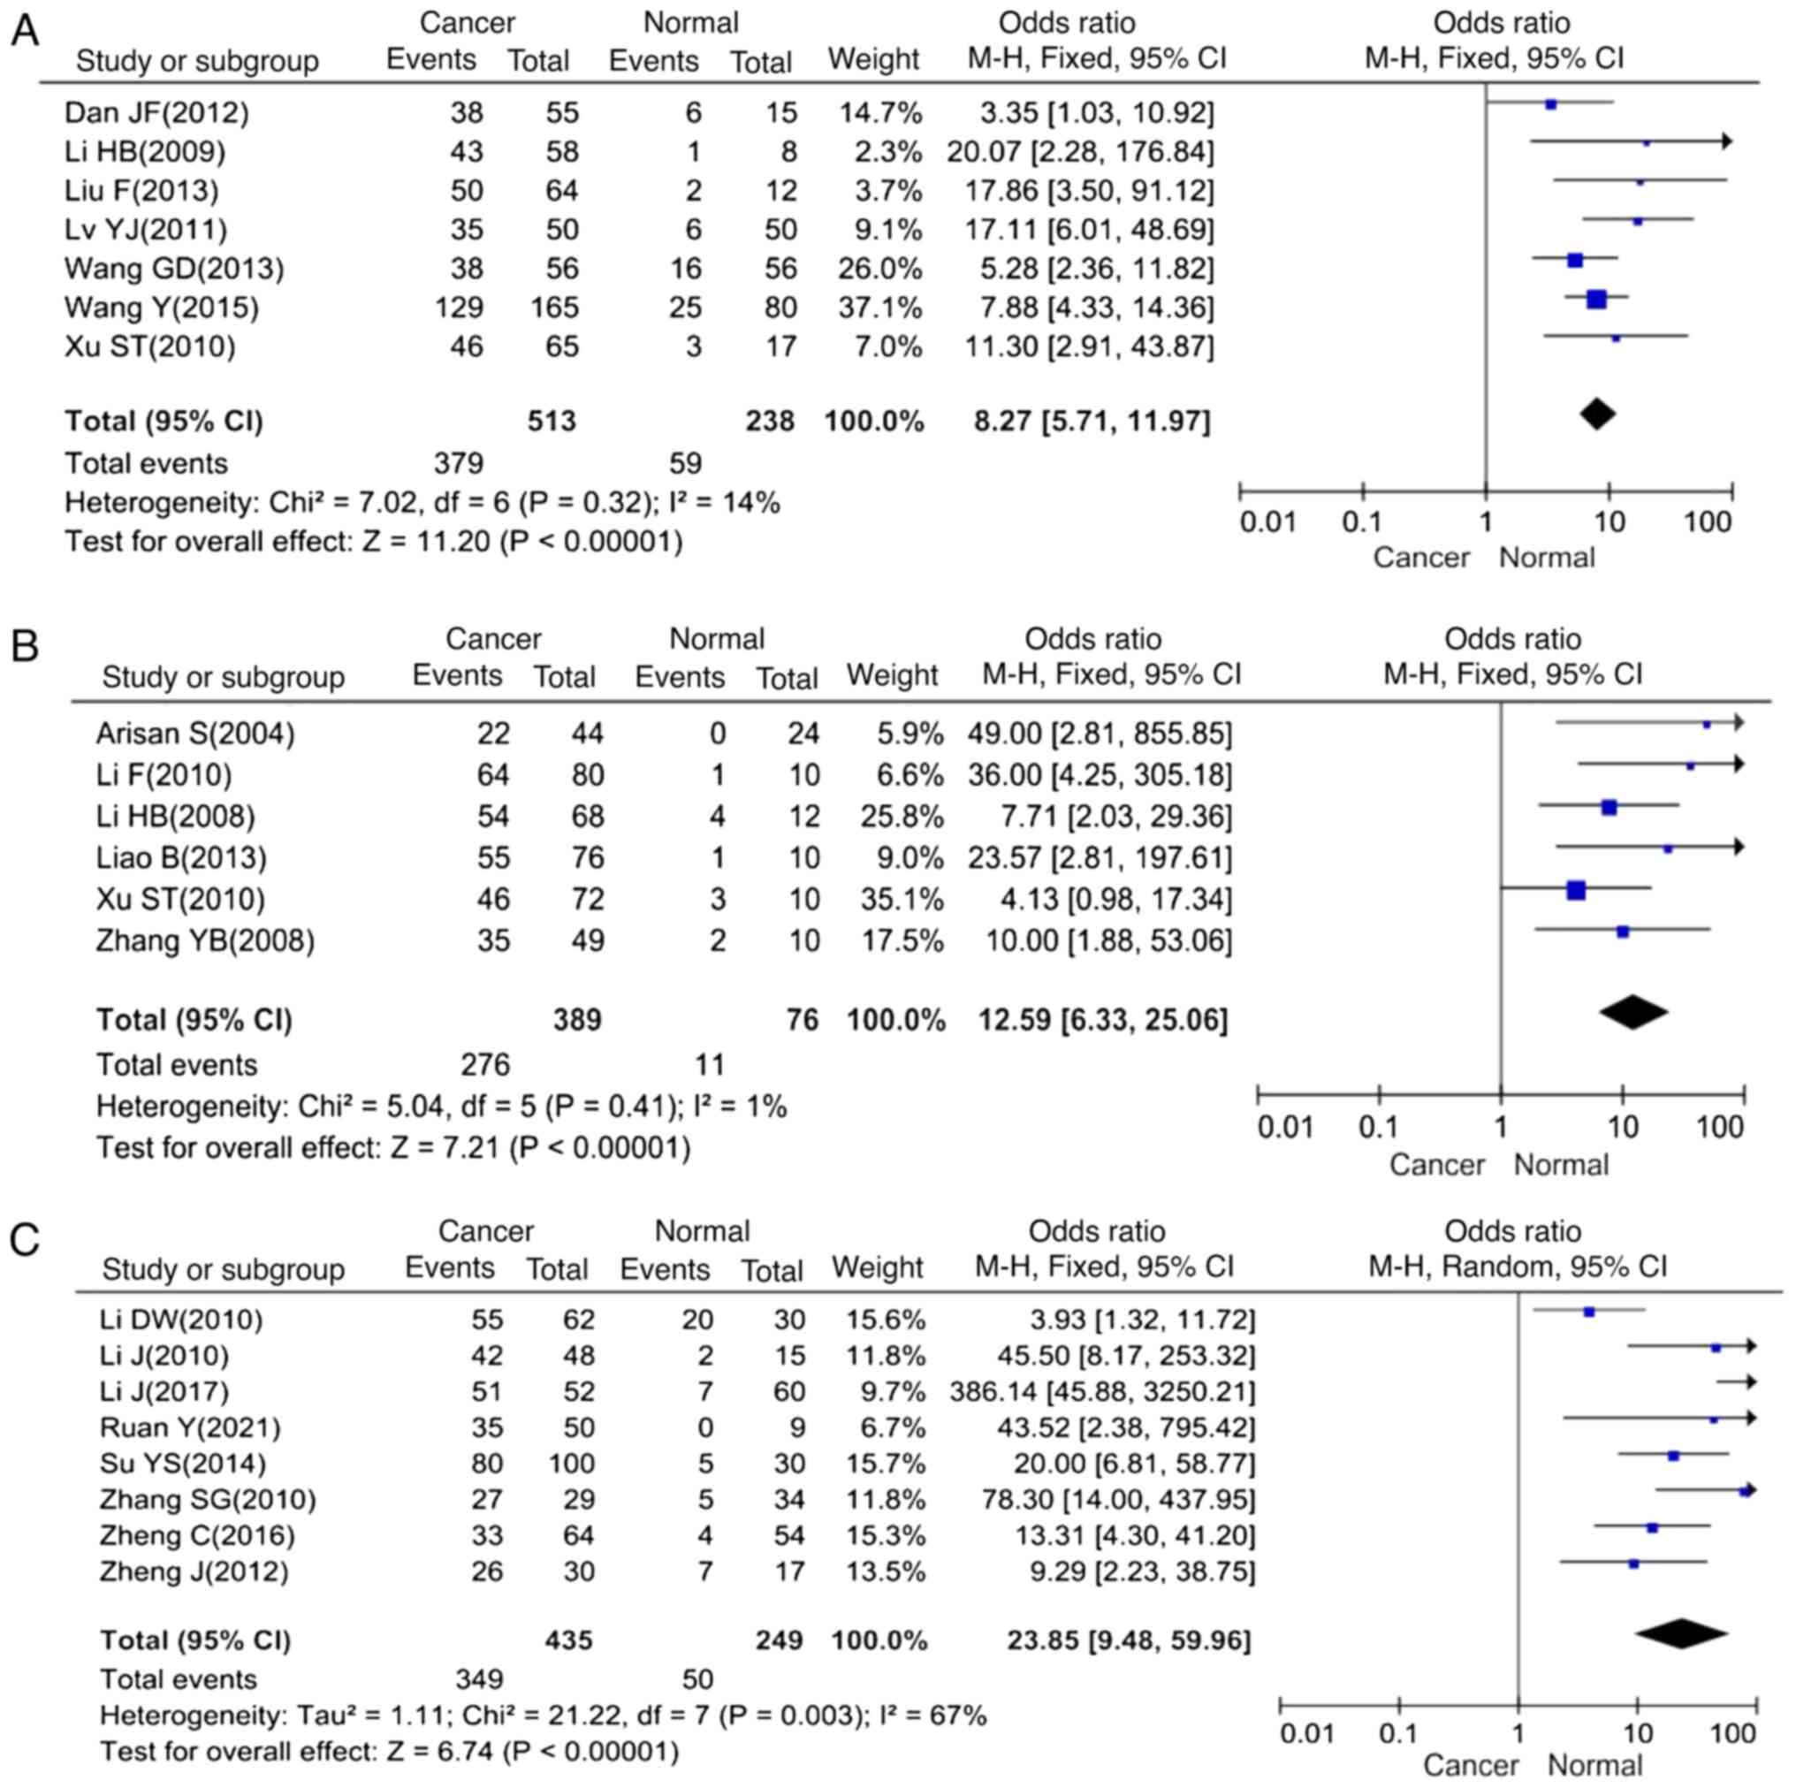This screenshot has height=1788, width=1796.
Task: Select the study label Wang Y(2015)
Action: [x=161, y=307]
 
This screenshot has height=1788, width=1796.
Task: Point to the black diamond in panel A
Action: [x=1596, y=414]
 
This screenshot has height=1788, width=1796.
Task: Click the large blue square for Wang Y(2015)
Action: [x=1596, y=300]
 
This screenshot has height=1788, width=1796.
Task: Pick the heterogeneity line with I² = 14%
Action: [x=422, y=503]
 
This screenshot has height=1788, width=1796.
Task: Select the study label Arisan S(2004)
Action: [x=195, y=734]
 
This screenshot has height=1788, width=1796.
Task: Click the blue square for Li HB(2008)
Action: [x=1610, y=808]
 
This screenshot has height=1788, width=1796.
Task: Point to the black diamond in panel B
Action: [x=1633, y=1013]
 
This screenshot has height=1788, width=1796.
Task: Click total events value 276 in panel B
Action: [x=485, y=1065]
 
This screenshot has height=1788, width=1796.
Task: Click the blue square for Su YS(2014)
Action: [x=1673, y=1456]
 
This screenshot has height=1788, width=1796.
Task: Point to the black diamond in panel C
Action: [x=1681, y=1632]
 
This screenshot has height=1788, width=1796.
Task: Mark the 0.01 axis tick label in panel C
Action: [x=1307, y=1734]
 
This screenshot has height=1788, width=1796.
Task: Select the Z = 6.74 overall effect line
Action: [x=390, y=1752]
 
